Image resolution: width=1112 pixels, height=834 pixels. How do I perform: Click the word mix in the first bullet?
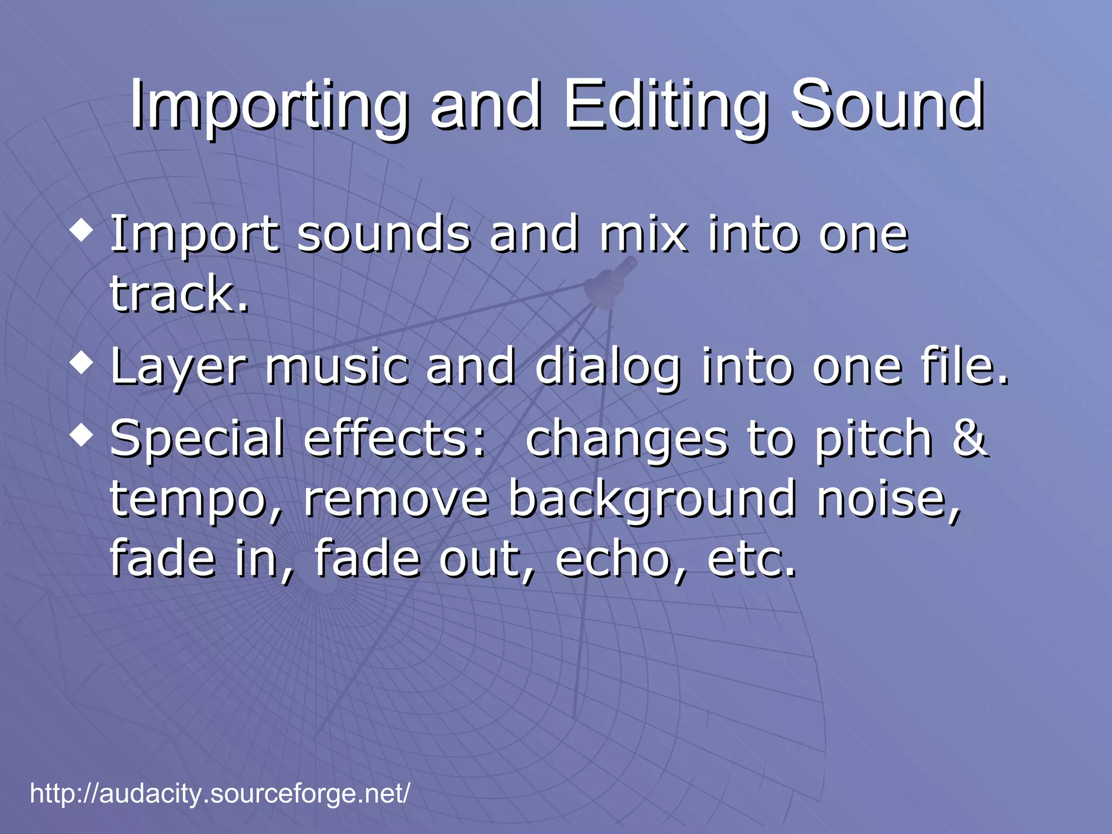coord(643,235)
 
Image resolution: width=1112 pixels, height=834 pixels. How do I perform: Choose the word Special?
coord(197,440)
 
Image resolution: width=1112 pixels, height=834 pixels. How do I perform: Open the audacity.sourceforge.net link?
coord(220,793)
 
